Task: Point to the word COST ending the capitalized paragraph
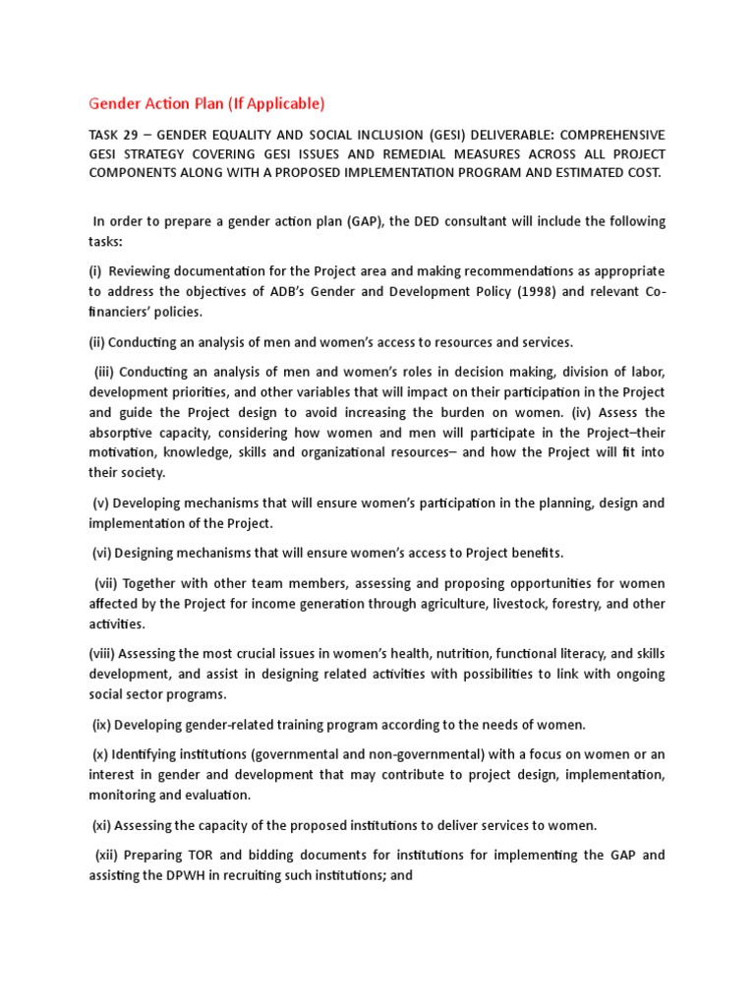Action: (640, 173)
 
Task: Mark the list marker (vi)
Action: (104, 553)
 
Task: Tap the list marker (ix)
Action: (102, 725)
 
